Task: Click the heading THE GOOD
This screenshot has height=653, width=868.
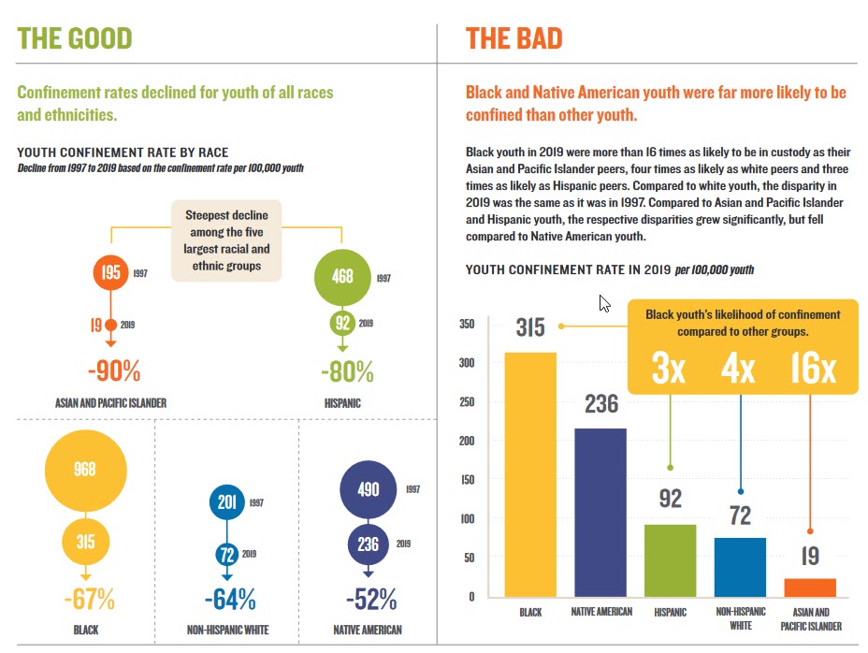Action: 75,38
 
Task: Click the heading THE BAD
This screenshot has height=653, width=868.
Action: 514,38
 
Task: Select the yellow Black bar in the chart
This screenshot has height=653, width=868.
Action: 530,474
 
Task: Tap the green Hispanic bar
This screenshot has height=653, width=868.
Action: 671,560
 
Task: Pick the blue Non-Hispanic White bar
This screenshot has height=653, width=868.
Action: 740,567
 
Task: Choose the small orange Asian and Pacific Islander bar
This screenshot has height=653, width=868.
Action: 810,588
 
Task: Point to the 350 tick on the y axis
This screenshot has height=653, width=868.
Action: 466,325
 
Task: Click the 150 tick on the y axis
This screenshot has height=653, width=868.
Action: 466,480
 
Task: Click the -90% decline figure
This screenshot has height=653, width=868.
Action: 114,370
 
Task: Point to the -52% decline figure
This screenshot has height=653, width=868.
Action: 370,599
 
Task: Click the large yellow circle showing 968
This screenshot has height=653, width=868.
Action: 85,471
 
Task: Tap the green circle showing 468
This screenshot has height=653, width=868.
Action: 342,278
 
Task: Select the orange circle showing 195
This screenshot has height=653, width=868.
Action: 111,273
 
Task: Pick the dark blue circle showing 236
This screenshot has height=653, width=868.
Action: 369,544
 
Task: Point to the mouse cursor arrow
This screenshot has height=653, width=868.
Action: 603,302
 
